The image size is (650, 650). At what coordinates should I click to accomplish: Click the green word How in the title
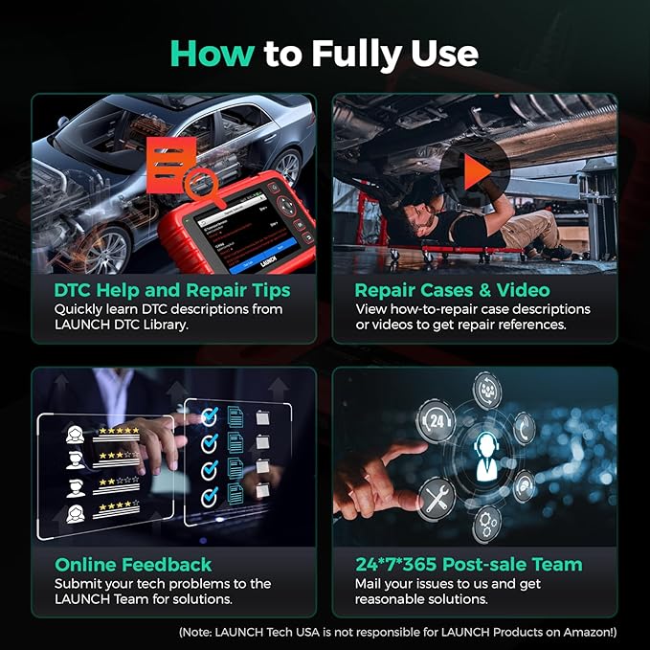coord(212,54)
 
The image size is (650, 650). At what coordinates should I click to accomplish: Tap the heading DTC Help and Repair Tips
coord(158,290)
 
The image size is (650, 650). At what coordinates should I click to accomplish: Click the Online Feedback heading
coord(133,564)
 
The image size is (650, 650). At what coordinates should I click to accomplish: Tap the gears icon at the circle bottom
coord(486,524)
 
